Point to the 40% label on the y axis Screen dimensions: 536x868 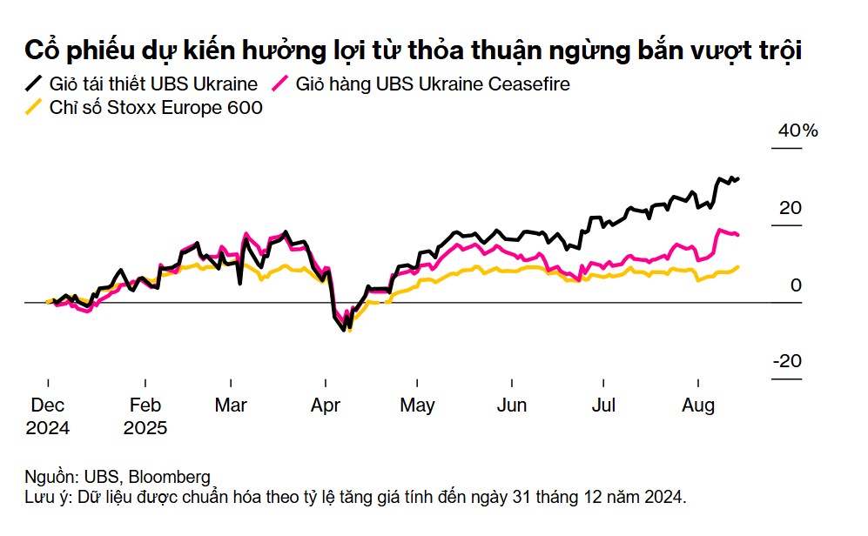click(x=797, y=131)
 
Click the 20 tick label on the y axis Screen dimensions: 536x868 click(x=790, y=209)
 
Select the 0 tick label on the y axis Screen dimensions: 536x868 click(x=796, y=285)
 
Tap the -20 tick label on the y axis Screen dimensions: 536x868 click(x=786, y=362)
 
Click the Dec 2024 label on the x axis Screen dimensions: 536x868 click(x=48, y=416)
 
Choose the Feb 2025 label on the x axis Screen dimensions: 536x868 click(x=145, y=416)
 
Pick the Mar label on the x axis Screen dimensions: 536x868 click(x=231, y=405)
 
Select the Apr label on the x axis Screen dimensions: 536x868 click(x=325, y=405)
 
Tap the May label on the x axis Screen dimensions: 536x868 click(x=418, y=405)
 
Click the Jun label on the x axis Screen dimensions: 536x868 click(x=511, y=405)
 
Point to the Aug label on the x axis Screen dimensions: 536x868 click(x=697, y=405)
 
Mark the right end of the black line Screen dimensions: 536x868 click(x=738, y=178)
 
